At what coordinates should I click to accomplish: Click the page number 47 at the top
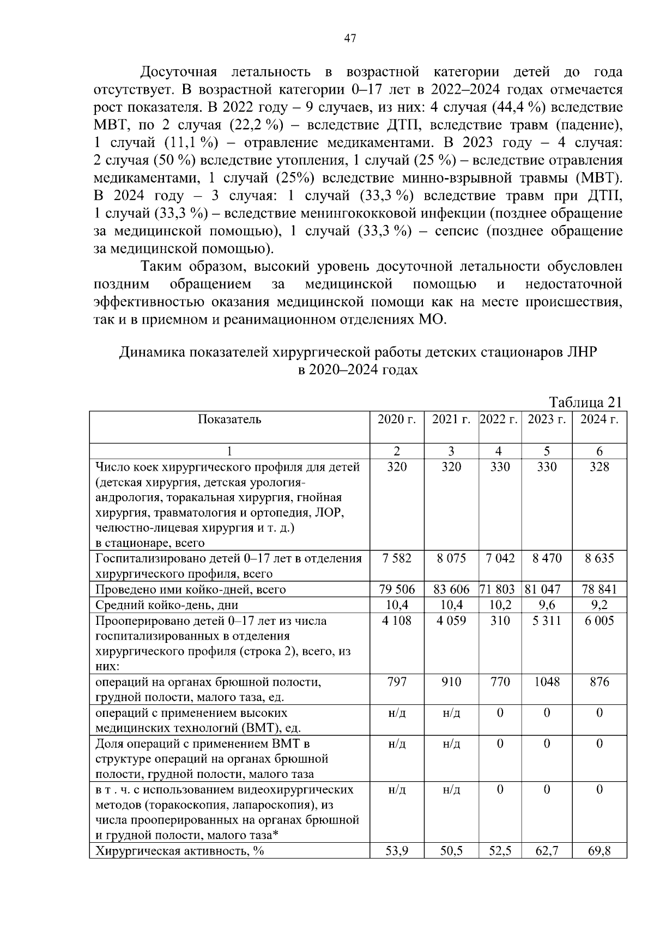click(x=350, y=38)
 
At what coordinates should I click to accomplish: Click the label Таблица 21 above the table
click(x=585, y=402)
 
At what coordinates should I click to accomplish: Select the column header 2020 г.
click(x=396, y=419)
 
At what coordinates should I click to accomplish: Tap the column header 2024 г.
click(x=599, y=419)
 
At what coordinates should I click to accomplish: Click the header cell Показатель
click(x=229, y=419)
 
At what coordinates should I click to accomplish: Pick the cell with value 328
click(x=599, y=467)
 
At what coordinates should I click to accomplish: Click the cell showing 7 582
click(x=396, y=558)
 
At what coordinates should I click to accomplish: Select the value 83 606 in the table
click(x=451, y=589)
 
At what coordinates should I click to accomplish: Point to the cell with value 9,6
click(x=546, y=605)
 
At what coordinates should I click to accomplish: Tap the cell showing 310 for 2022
click(x=499, y=620)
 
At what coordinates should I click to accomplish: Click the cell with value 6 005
click(x=599, y=620)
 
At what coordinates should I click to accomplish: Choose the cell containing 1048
click(x=546, y=682)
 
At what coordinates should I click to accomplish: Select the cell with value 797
click(x=396, y=682)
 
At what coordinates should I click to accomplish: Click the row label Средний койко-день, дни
click(x=167, y=605)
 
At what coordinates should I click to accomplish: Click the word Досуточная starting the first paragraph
click(x=179, y=72)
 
